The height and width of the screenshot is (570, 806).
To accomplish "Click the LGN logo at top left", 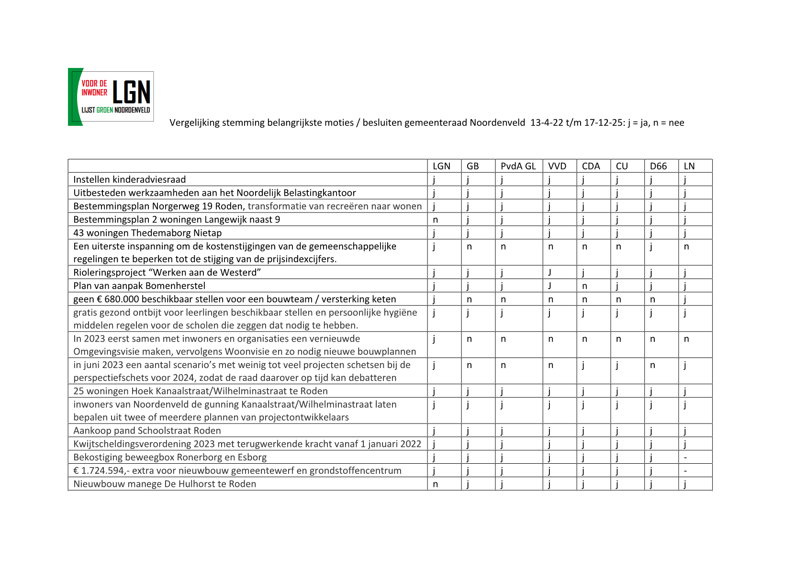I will point(111,97).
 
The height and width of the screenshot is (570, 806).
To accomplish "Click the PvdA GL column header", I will point(518,166).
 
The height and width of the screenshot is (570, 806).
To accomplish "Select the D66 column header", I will point(658,166).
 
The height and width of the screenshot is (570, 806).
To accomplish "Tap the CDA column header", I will point(591,166).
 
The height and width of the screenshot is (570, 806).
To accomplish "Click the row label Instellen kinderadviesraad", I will point(129,179).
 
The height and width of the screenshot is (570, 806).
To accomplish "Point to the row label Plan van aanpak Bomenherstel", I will point(139,286).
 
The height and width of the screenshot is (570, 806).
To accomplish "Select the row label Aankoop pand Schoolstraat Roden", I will point(147,430).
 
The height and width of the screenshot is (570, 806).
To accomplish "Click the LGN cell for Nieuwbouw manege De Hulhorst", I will point(436,484).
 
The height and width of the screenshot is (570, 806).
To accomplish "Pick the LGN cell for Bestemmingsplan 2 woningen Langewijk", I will point(436,220).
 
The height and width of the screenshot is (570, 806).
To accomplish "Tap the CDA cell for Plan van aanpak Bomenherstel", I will point(584,286).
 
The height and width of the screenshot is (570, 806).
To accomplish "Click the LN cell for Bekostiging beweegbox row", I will point(686,458).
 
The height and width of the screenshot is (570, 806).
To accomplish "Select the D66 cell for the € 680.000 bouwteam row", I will point(652,299).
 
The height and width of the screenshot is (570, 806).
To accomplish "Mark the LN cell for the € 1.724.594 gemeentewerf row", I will point(686,471).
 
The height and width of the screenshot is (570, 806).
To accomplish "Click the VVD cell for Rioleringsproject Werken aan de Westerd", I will point(550,272).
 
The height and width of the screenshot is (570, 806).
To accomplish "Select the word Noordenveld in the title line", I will point(497,123).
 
